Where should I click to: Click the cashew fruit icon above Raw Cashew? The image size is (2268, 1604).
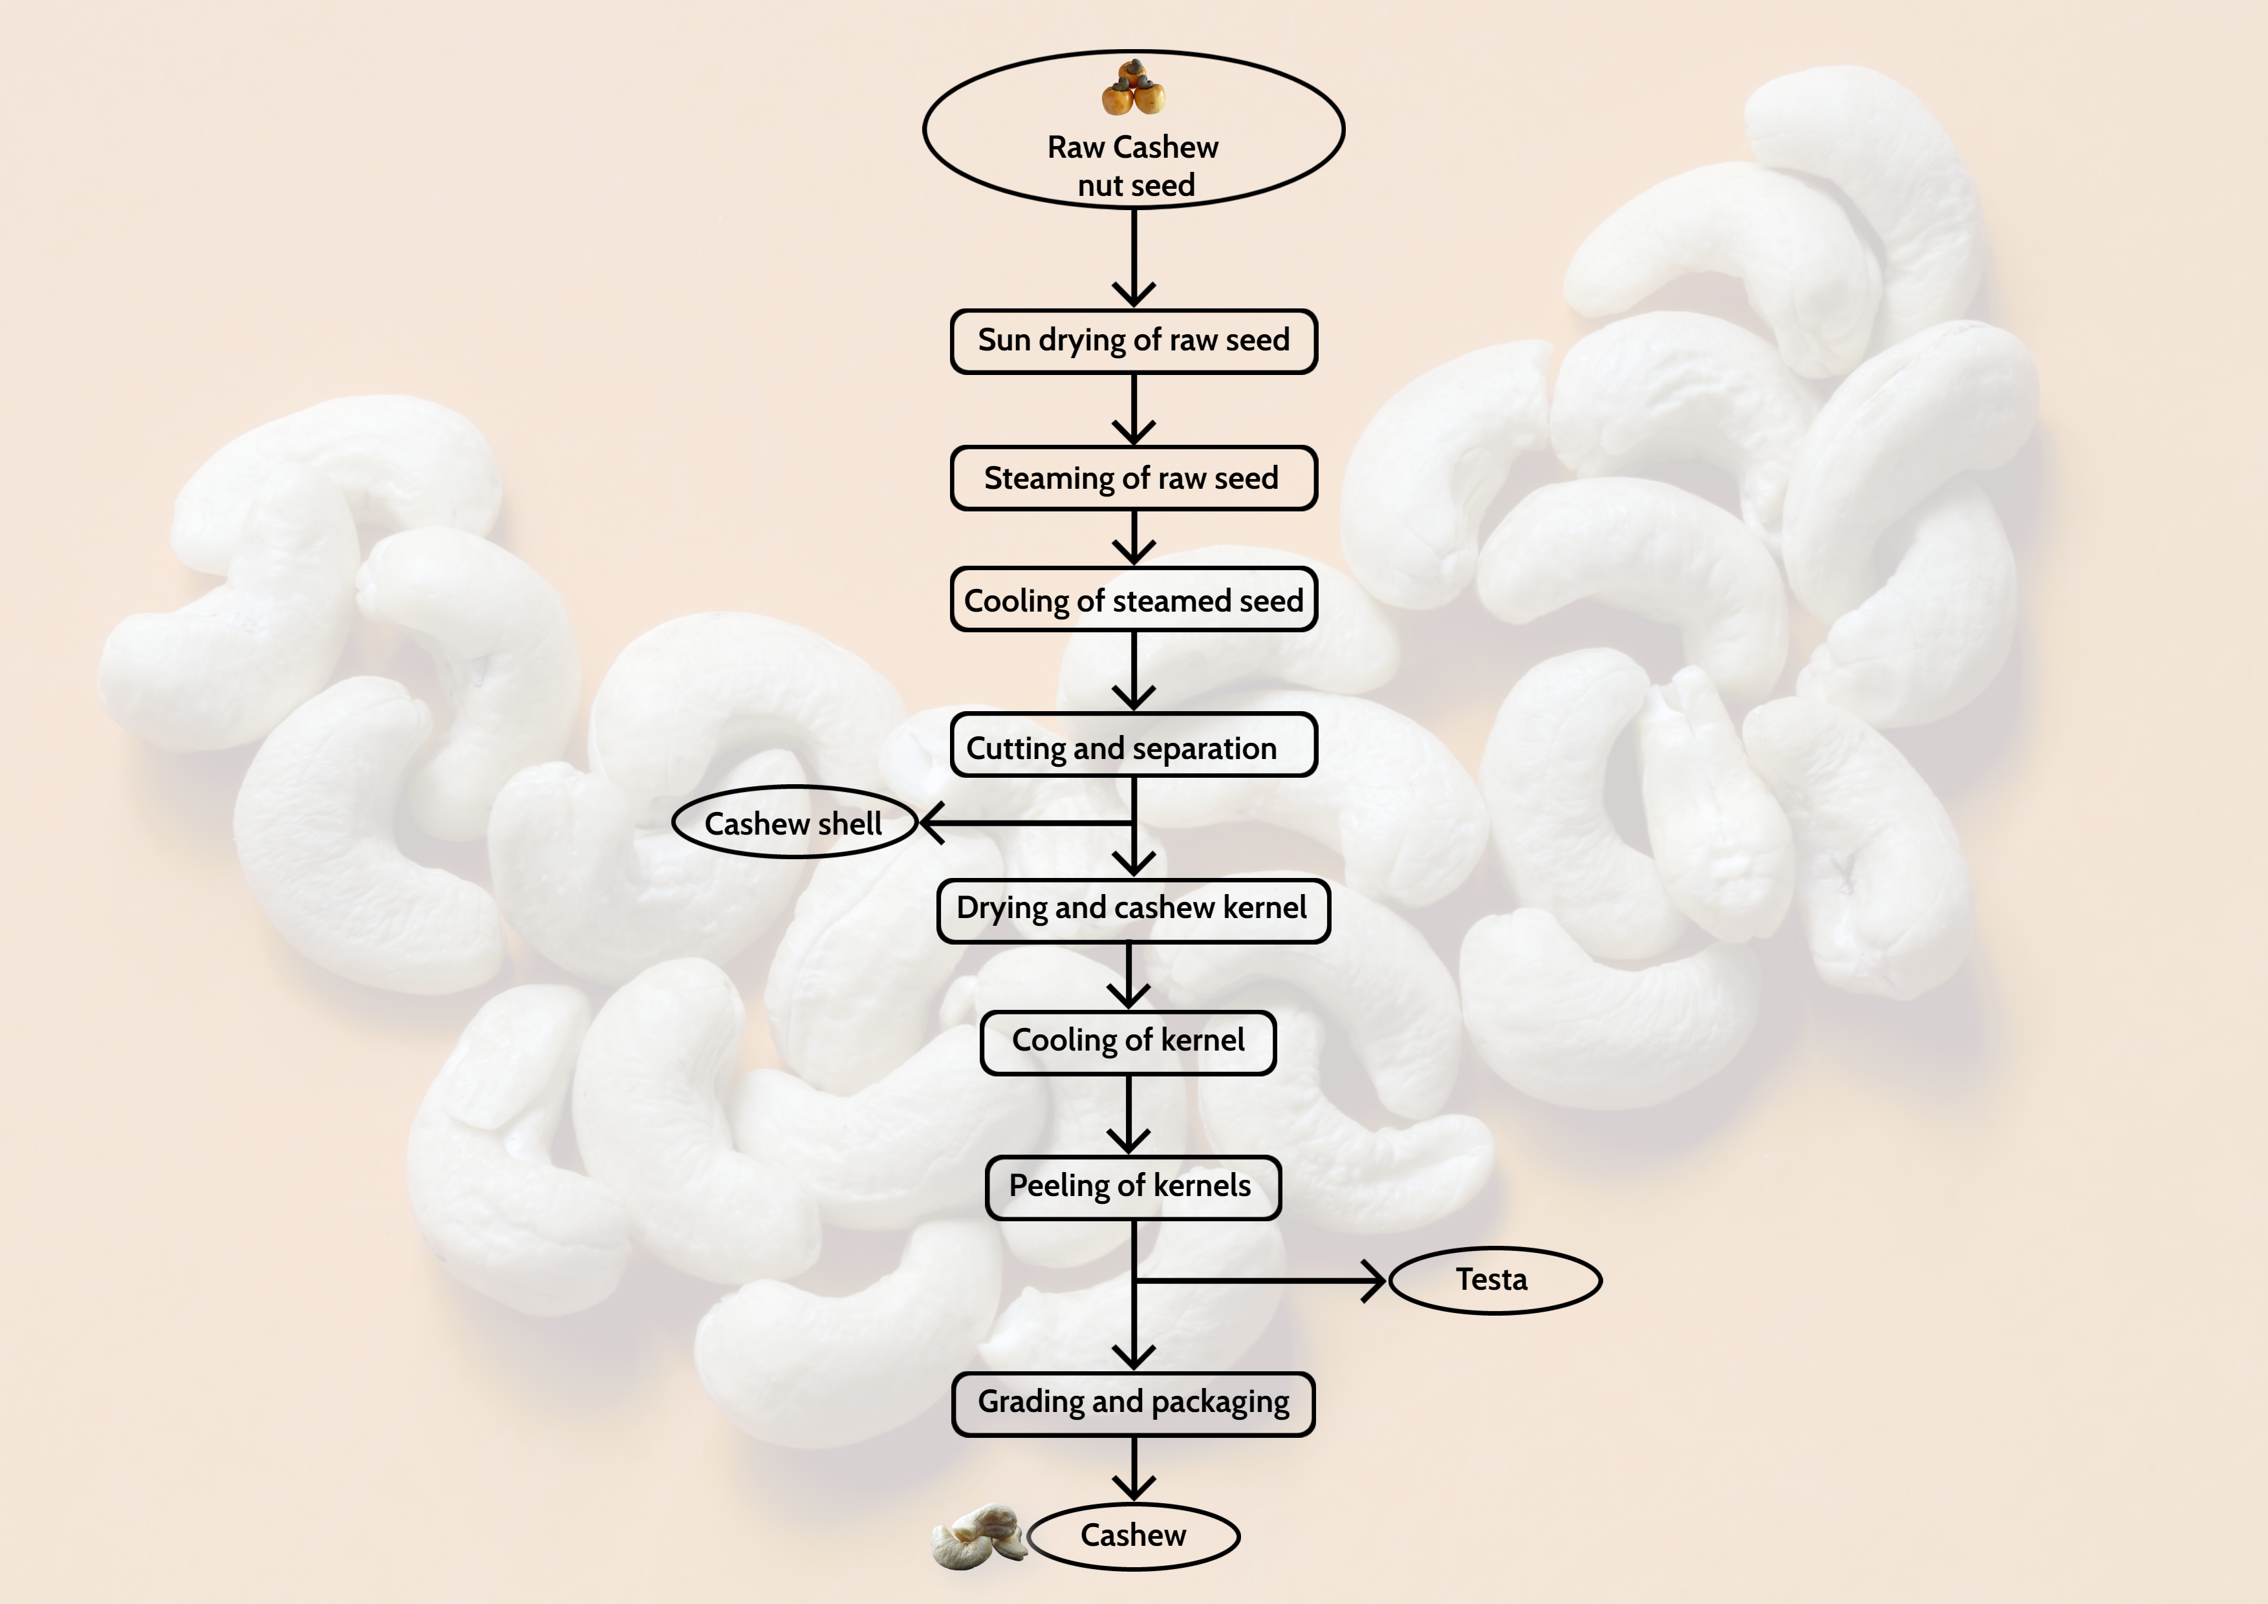click(1133, 88)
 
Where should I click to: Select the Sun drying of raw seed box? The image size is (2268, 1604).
click(1133, 341)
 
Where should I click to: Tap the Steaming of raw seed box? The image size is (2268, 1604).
click(1133, 478)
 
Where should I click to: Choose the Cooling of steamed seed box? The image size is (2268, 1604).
click(1133, 599)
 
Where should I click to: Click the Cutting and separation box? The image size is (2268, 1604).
click(1133, 745)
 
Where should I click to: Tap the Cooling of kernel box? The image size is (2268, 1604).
click(1128, 1042)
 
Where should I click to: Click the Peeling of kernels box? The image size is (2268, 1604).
click(1132, 1187)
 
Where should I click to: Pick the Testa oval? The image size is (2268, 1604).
click(1493, 1280)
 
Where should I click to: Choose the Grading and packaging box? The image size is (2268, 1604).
click(1133, 1402)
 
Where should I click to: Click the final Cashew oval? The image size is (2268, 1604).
click(1133, 1536)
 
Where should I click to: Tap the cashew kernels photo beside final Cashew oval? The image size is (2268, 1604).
click(978, 1537)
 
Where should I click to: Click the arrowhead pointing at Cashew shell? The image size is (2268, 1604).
click(931, 823)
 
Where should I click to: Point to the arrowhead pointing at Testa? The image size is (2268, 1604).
click(1375, 1281)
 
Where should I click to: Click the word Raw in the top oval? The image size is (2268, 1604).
click(1075, 148)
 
